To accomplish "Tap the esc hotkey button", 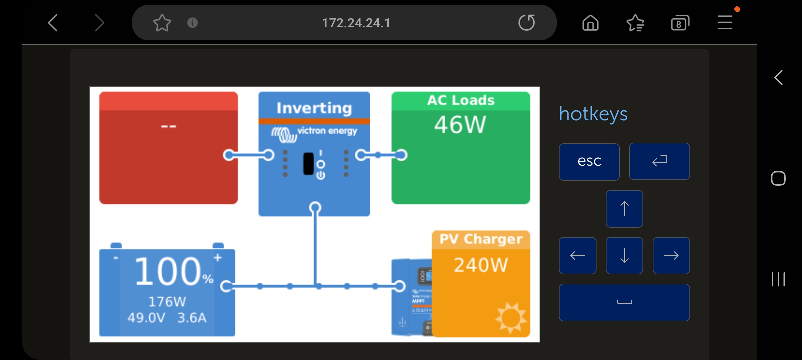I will tap(589, 162).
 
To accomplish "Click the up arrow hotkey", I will tap(624, 209).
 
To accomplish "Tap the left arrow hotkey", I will tap(577, 256).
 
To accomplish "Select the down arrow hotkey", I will tap(624, 256).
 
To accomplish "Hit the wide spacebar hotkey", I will tap(624, 302).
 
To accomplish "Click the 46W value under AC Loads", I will tap(460, 125).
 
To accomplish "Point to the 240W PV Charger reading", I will tap(481, 265).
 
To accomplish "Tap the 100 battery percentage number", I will tap(167, 272).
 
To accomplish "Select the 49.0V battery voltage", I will tap(146, 318).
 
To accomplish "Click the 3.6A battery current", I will tap(192, 318).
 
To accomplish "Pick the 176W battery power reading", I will tap(167, 302).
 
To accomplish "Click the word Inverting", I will tap(314, 108).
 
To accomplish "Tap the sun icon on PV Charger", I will tap(510, 317).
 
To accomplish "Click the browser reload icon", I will tap(527, 23).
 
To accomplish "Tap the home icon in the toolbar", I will tap(590, 23).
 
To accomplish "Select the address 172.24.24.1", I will tap(356, 23).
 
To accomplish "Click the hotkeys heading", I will tap(593, 114).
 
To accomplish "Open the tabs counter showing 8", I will tap(679, 23).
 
